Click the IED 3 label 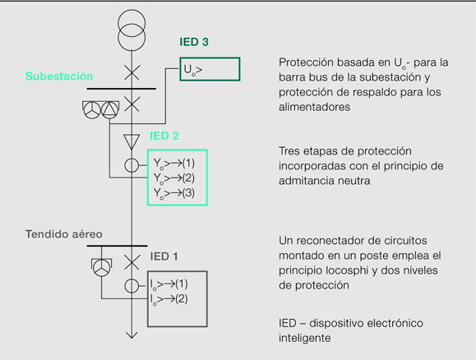[194, 42]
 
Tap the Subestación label [59, 76]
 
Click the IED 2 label [164, 136]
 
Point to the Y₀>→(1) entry [174, 164]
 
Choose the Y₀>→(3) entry [174, 193]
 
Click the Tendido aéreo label [64, 234]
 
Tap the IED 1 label [164, 256]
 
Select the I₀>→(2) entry [169, 299]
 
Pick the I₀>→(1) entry [169, 284]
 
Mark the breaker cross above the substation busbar [132, 72]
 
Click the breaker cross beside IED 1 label [132, 262]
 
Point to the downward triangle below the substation [132, 141]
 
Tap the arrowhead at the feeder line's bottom [132, 335]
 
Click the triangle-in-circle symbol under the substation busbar [109, 110]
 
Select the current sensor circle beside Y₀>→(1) [132, 165]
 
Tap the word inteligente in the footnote [304, 338]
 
